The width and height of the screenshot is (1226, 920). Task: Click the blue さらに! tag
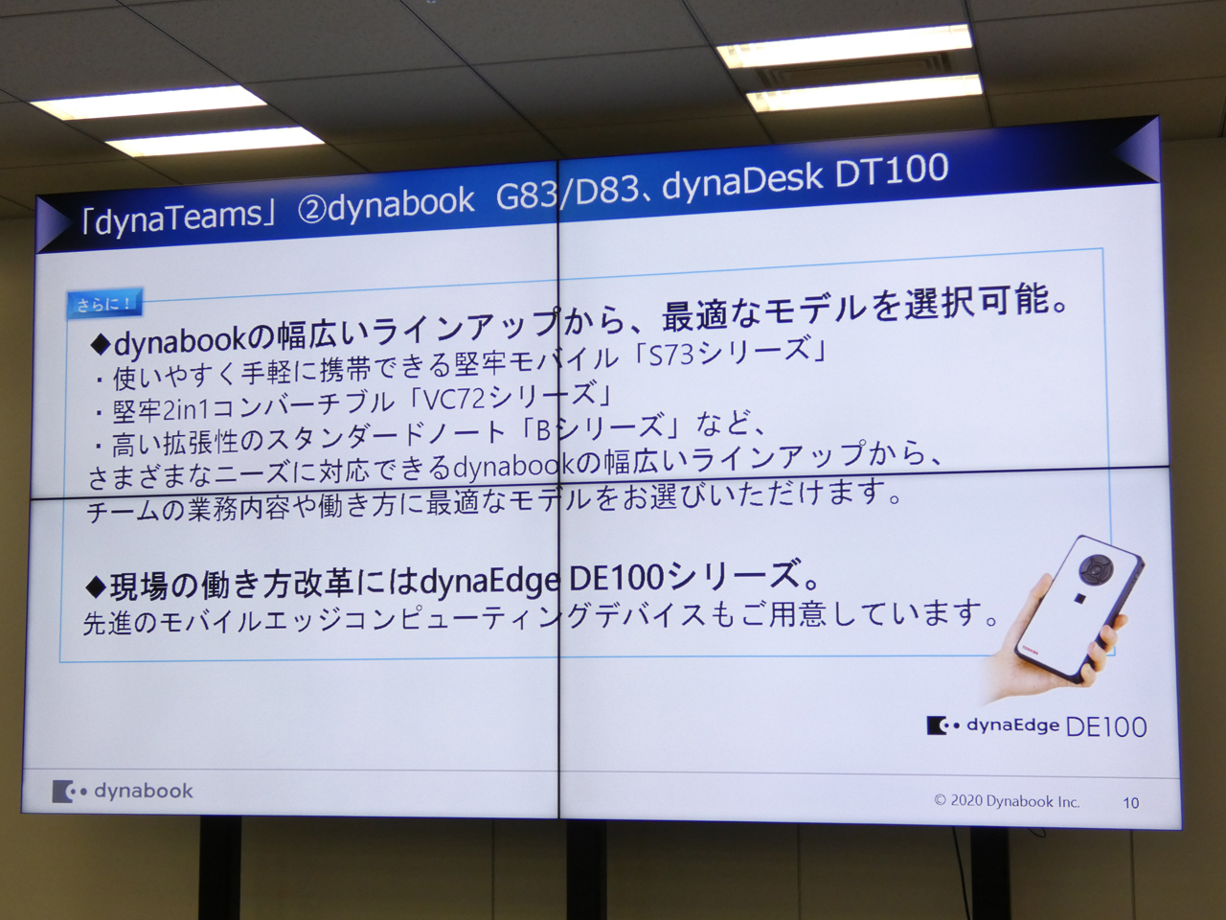pyautogui.click(x=104, y=304)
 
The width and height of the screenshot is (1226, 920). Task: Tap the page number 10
pyautogui.click(x=1130, y=803)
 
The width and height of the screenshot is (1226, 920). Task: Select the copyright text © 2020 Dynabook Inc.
pyautogui.click(x=1007, y=801)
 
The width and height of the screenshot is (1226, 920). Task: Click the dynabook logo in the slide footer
pyautogui.click(x=123, y=791)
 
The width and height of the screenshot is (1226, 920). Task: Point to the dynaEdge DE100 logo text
pyautogui.click(x=1036, y=726)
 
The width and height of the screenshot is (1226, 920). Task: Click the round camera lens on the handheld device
pyautogui.click(x=1096, y=568)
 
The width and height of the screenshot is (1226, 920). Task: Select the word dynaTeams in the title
pyautogui.click(x=177, y=218)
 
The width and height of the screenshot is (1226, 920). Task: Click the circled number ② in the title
pyautogui.click(x=311, y=212)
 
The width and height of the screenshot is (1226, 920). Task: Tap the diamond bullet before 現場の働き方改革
pyautogui.click(x=97, y=586)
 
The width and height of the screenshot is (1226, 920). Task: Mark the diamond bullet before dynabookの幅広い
pyautogui.click(x=102, y=345)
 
